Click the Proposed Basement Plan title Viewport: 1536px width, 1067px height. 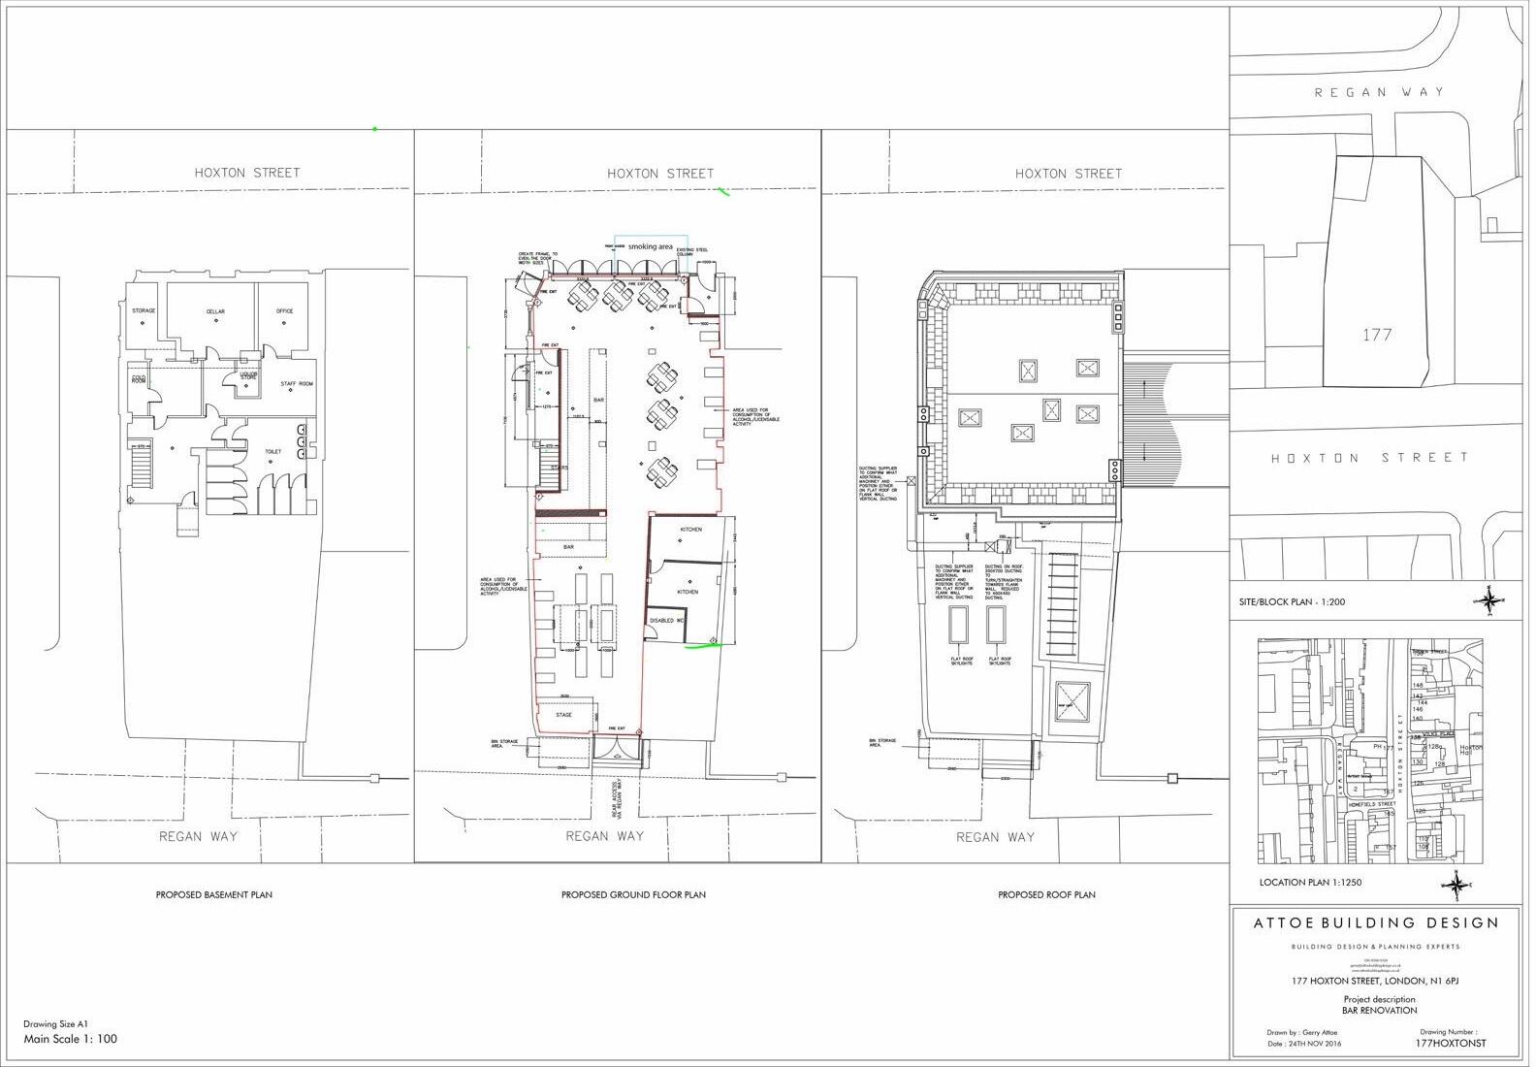point(213,894)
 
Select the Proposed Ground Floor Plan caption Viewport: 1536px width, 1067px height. point(633,894)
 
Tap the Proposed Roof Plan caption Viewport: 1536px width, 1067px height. point(1046,894)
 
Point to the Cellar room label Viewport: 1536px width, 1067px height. point(215,312)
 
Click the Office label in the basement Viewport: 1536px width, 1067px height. point(284,311)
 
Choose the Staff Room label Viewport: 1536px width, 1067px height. point(297,384)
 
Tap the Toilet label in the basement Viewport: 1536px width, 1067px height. point(272,452)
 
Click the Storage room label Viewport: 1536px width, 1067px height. point(144,310)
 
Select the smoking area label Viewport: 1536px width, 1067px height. point(650,247)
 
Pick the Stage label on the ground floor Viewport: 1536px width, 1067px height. point(563,715)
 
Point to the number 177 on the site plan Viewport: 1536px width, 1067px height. point(1377,335)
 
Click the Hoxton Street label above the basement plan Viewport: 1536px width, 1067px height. point(247,173)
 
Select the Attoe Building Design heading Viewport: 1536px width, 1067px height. point(1376,922)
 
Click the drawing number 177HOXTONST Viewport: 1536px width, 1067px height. point(1451,1044)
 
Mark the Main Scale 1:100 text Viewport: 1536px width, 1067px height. point(70,1039)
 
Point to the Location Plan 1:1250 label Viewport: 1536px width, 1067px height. point(1310,883)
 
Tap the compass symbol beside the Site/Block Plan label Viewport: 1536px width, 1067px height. point(1488,600)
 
